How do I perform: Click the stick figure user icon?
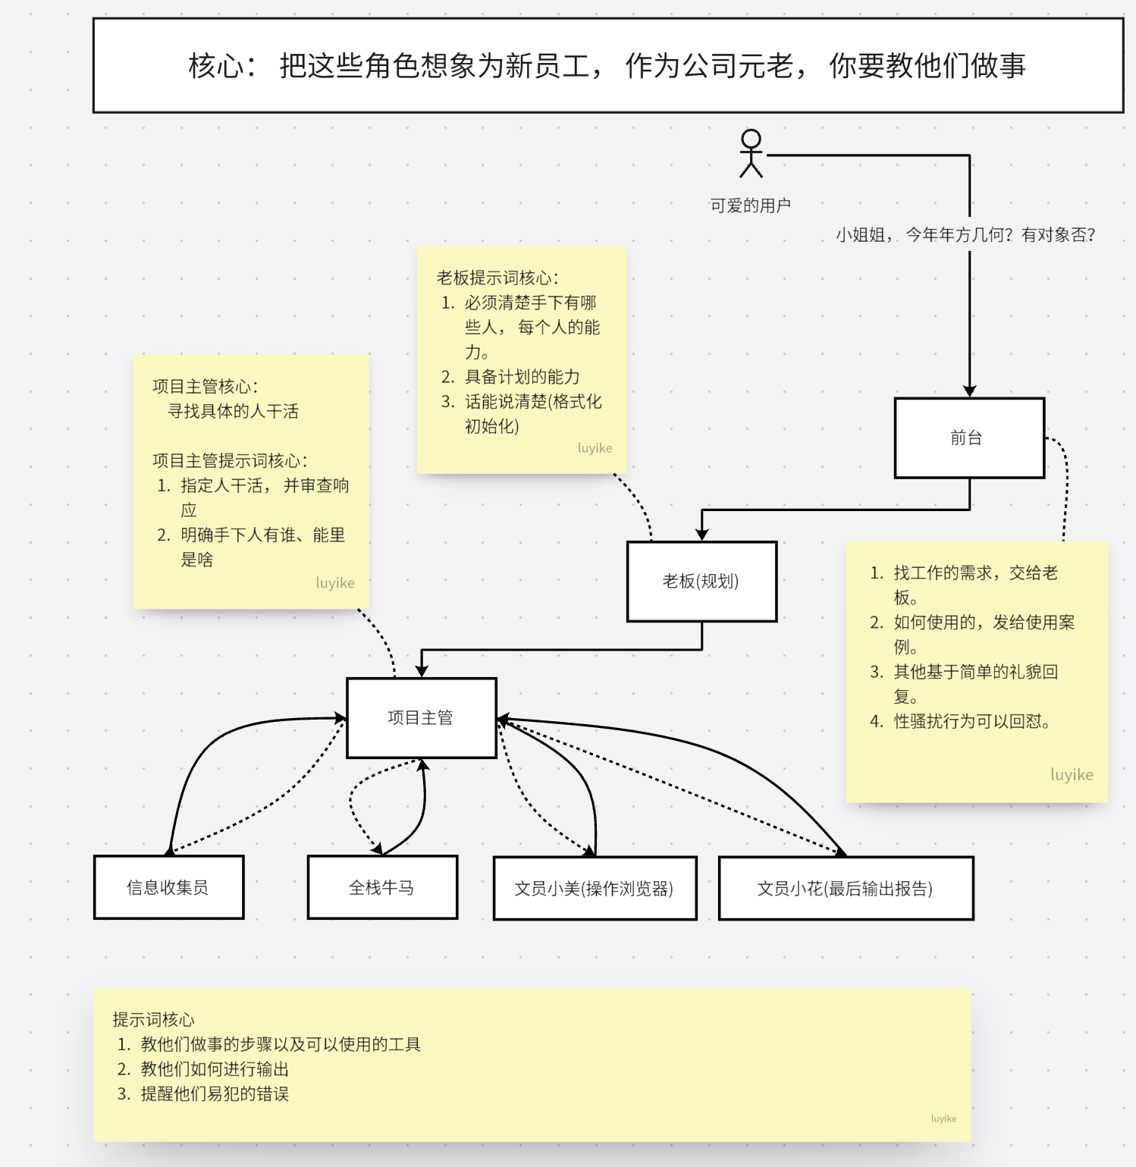751,153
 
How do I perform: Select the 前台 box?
969,438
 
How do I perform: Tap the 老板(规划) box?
701,582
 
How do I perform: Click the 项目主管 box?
421,718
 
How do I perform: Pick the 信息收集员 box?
168,887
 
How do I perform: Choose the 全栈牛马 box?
382,887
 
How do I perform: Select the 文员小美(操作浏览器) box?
595,889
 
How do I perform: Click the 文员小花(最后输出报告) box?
846,889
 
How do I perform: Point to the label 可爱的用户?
750,205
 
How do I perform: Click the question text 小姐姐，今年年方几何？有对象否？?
965,235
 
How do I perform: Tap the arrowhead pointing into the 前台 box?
969,391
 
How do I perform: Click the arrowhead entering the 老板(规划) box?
702,535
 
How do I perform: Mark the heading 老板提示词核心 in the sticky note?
497,278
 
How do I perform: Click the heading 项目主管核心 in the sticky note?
206,387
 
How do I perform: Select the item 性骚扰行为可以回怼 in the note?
971,721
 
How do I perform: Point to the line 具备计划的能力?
522,377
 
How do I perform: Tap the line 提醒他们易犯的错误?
214,1093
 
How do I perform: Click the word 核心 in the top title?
216,66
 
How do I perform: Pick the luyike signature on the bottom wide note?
943,1118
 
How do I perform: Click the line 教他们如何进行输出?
214,1069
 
